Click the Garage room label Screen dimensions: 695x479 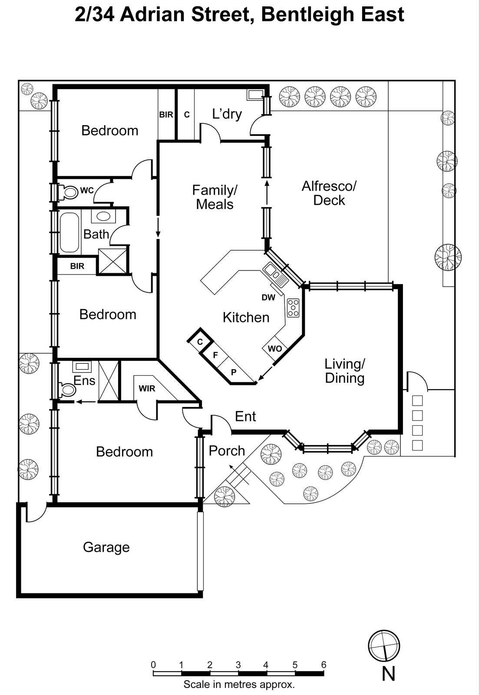pos(106,547)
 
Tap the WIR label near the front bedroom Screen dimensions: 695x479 pos(147,388)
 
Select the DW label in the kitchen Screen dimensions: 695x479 pos(268,298)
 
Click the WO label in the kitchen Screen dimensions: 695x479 pos(274,349)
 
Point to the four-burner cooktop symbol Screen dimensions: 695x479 pos(293,308)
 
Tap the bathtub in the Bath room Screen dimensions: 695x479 pos(69,232)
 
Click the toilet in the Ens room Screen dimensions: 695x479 pos(67,390)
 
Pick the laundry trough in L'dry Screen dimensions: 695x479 pos(254,94)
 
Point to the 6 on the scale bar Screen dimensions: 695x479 pos(324,665)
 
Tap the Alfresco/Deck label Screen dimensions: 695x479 pos(329,193)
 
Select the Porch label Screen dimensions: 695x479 pos(227,451)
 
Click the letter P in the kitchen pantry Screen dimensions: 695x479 pos(234,372)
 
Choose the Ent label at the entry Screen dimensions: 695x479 pos(245,417)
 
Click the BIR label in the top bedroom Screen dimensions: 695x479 pos(166,115)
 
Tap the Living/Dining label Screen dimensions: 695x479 pos(344,371)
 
